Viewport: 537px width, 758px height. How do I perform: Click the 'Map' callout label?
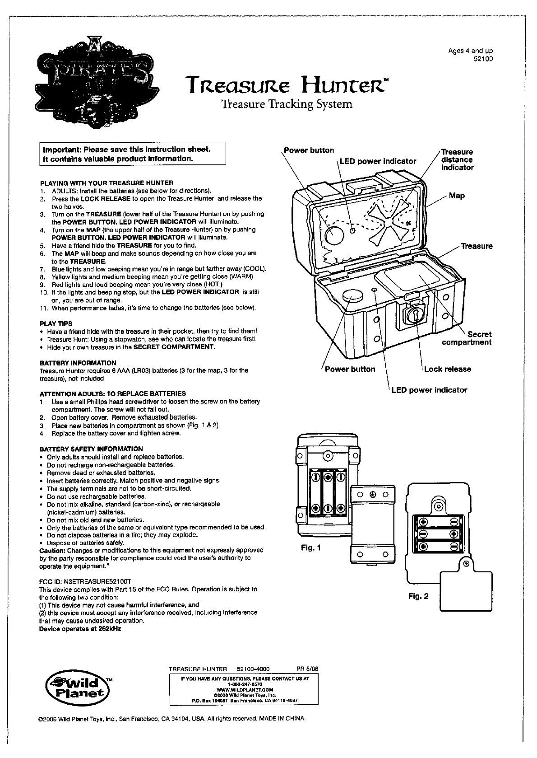pyautogui.click(x=457, y=196)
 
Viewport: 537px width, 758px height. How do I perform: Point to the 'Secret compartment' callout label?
pyautogui.click(x=467, y=338)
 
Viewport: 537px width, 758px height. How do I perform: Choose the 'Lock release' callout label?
pyautogui.click(x=447, y=369)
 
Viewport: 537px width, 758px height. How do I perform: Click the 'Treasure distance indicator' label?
pyautogui.click(x=457, y=159)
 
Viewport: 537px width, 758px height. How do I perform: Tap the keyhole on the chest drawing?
pyautogui.click(x=413, y=316)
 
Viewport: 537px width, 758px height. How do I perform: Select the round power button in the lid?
pyautogui.click(x=334, y=234)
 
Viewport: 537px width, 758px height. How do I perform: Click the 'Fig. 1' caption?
pyautogui.click(x=311, y=548)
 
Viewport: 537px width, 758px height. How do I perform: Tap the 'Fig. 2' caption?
pyautogui.click(x=418, y=596)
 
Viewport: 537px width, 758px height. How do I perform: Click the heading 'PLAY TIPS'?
pyautogui.click(x=56, y=323)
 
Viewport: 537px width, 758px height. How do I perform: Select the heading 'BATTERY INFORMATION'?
pyautogui.click(x=78, y=363)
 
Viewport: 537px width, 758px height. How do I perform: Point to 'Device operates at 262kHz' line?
pyautogui.click(x=80, y=629)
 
